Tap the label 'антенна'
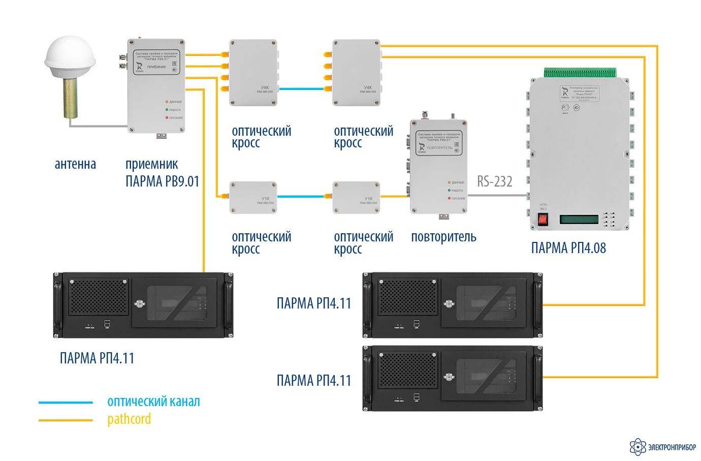75,164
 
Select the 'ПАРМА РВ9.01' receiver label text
162,181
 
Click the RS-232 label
494,181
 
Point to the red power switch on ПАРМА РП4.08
543,220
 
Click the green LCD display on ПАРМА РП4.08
579,220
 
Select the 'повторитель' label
443,237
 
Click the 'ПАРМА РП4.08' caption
568,248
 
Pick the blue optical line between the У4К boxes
304,89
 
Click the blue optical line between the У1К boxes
304,196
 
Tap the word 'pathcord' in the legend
129,419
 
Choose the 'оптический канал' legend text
153,402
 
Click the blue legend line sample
66,403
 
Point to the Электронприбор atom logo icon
638,447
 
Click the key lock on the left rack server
138,304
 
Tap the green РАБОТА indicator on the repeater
449,191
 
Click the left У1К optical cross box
253,198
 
